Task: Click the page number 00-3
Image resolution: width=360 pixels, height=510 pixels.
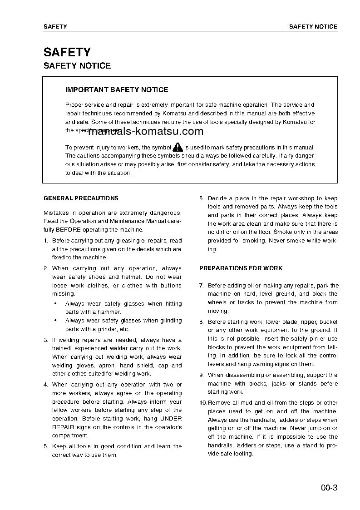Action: pos(329,489)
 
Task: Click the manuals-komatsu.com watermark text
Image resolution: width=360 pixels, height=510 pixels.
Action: pos(145,132)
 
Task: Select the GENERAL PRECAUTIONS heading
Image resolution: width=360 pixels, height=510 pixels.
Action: pos(81,198)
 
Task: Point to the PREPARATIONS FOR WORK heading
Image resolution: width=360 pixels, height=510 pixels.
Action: pos(241,268)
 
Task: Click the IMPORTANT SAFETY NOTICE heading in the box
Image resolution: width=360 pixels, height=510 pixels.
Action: pos(117,90)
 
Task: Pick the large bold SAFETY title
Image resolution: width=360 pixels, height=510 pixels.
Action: pos(67,52)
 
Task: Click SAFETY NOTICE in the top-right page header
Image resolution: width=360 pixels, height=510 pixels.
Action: pos(313,27)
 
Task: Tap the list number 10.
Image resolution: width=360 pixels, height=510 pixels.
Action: pos(203,403)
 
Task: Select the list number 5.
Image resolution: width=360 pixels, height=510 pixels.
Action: pos(45,446)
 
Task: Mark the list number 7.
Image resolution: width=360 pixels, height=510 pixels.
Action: pos(201,286)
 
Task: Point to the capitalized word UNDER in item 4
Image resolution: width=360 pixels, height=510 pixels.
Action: pos(171,419)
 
